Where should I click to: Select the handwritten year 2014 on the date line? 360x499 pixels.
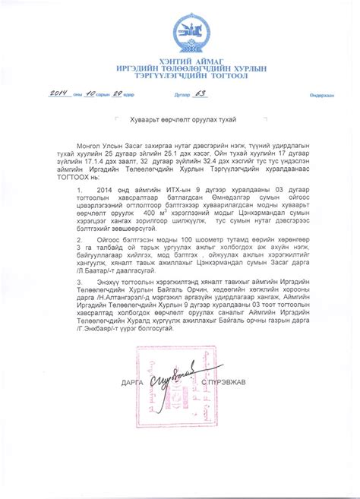[x=59, y=93]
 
